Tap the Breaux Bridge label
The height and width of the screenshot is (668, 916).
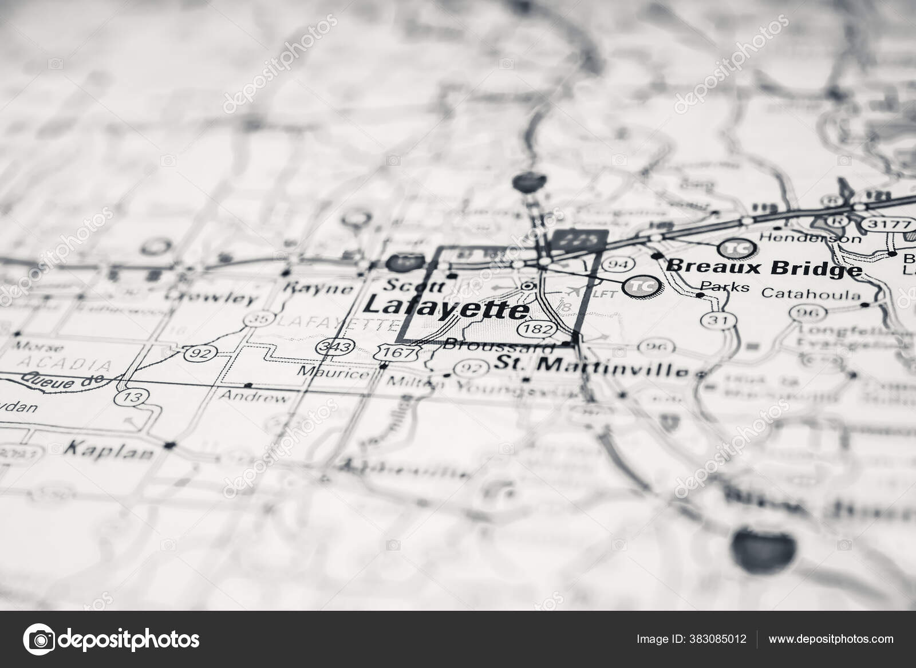coord(764,267)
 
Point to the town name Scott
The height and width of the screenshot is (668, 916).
coord(408,284)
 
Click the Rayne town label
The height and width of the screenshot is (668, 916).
coord(319,287)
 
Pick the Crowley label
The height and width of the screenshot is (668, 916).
coord(212,297)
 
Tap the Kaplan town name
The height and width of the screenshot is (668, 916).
coord(109,450)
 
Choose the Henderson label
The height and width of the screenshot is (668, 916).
coord(810,237)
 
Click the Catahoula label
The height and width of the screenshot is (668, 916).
coord(810,295)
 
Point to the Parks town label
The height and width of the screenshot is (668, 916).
coord(724,286)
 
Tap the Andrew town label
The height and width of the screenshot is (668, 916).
coord(254,397)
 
